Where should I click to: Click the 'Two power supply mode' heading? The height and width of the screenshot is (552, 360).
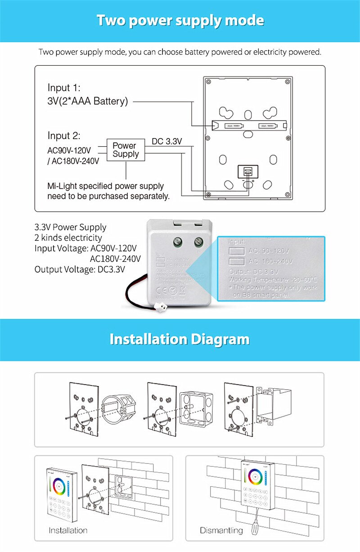[180, 21]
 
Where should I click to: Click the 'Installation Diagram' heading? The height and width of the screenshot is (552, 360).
[180, 339]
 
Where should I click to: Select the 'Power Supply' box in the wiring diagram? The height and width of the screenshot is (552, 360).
[126, 150]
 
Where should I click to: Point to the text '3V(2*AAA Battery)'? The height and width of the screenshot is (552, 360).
[88, 101]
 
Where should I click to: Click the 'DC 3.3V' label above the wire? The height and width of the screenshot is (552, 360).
[166, 141]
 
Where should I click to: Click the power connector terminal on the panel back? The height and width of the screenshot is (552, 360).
[247, 172]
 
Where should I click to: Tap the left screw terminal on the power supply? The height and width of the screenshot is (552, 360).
[177, 243]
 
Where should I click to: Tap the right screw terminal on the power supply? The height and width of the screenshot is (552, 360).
[198, 243]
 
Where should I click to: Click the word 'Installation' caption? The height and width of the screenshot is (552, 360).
[68, 530]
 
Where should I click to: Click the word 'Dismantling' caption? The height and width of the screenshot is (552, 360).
[221, 530]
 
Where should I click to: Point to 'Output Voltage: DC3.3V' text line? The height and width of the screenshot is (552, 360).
[80, 269]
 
